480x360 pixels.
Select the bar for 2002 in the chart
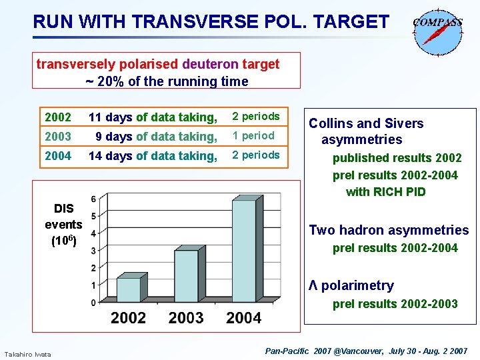129,289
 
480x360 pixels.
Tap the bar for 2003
186,275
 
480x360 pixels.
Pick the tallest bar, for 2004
243,251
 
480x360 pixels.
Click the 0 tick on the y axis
93,303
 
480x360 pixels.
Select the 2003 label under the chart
186,317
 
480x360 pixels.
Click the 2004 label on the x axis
243,317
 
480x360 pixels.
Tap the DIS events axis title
63,225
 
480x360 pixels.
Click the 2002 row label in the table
58,117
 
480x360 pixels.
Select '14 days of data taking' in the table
153,156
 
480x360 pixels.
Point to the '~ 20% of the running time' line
167,81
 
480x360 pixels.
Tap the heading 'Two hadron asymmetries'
389,230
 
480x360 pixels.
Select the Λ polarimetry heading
351,285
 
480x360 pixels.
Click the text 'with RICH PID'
385,192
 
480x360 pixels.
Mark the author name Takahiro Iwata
27,353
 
